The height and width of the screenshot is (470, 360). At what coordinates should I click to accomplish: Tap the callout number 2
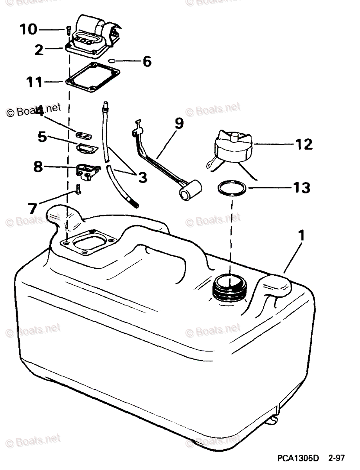tap(38, 51)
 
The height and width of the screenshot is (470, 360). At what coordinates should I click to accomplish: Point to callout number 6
tap(146, 61)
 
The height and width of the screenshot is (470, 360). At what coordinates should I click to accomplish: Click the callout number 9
tap(178, 124)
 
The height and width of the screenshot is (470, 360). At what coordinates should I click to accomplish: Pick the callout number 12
tap(304, 144)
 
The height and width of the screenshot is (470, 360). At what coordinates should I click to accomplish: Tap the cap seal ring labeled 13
tap(232, 188)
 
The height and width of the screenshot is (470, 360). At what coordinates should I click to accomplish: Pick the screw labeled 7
tap(78, 189)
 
